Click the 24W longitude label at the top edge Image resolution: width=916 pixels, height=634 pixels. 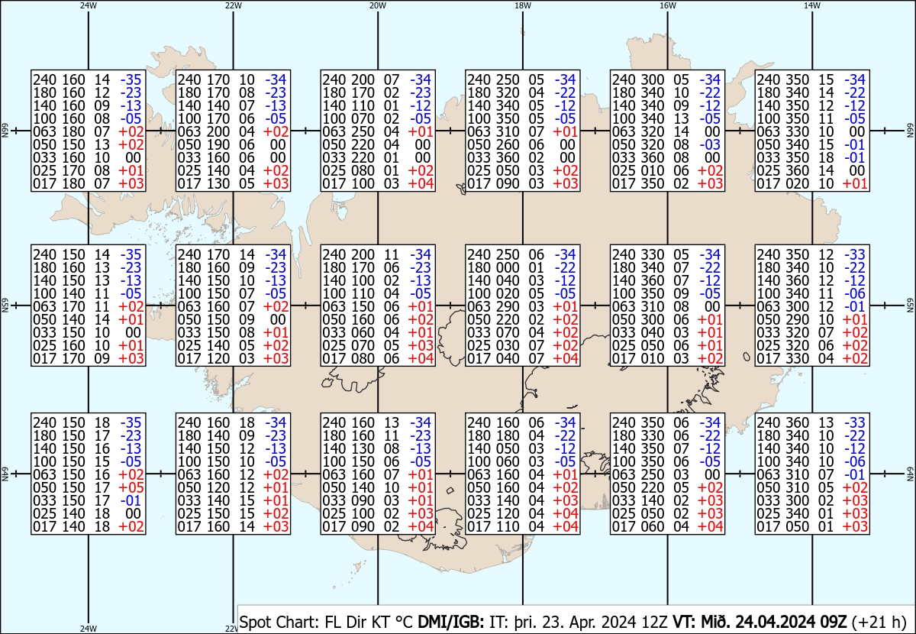pos(89,5)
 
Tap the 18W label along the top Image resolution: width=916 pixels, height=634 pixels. pos(523,5)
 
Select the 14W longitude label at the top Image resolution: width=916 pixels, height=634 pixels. pos(812,5)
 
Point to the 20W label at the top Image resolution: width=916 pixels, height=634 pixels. pos(378,5)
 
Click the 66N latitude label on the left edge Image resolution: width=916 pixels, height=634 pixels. pos(5,131)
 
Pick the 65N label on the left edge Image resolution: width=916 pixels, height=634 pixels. pos(5,306)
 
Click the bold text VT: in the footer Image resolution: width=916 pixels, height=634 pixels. pos(685,622)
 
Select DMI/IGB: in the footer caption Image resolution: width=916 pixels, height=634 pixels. pos(450,622)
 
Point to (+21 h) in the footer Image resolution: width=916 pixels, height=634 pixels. pos(879,622)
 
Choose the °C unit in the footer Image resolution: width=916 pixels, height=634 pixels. pos(404,622)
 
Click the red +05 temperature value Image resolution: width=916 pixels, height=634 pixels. pos(131,487)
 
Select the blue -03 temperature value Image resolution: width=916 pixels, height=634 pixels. pos(711,144)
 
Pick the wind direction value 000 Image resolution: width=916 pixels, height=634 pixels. pos(508,267)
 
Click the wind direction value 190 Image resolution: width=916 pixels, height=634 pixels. pos(218,144)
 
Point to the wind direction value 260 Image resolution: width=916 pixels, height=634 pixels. pos(508,144)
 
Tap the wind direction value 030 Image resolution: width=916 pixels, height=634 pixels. pos(508,345)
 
